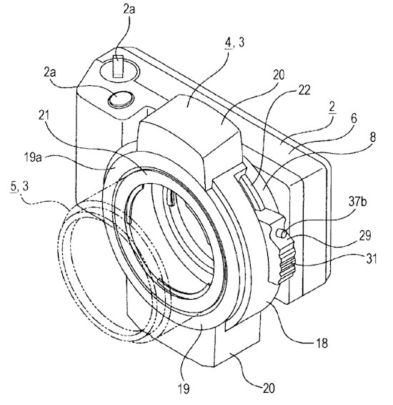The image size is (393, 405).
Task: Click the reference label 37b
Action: [357, 202]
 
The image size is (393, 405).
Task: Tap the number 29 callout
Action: [365, 235]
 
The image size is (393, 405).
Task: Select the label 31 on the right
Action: [372, 258]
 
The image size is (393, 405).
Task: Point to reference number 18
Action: [322, 343]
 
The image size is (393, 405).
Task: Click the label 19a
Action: [33, 157]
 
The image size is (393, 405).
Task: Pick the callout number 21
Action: [44, 115]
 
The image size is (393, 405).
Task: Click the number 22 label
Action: [304, 90]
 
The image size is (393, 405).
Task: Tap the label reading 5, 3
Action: [19, 187]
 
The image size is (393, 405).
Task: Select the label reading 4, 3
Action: [234, 42]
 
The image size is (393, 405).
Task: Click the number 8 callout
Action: [373, 137]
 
